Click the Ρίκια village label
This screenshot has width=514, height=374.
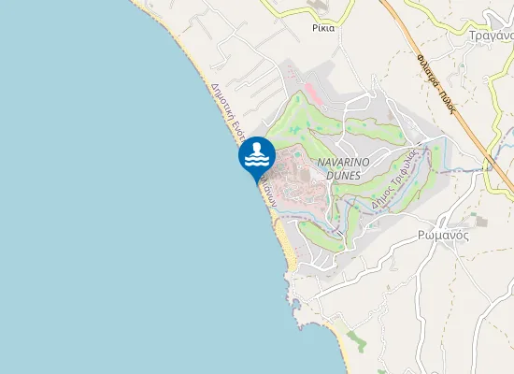point(323,28)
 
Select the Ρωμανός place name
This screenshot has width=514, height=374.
point(443,236)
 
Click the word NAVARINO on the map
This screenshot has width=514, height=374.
point(344,162)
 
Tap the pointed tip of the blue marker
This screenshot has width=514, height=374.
point(256,181)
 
